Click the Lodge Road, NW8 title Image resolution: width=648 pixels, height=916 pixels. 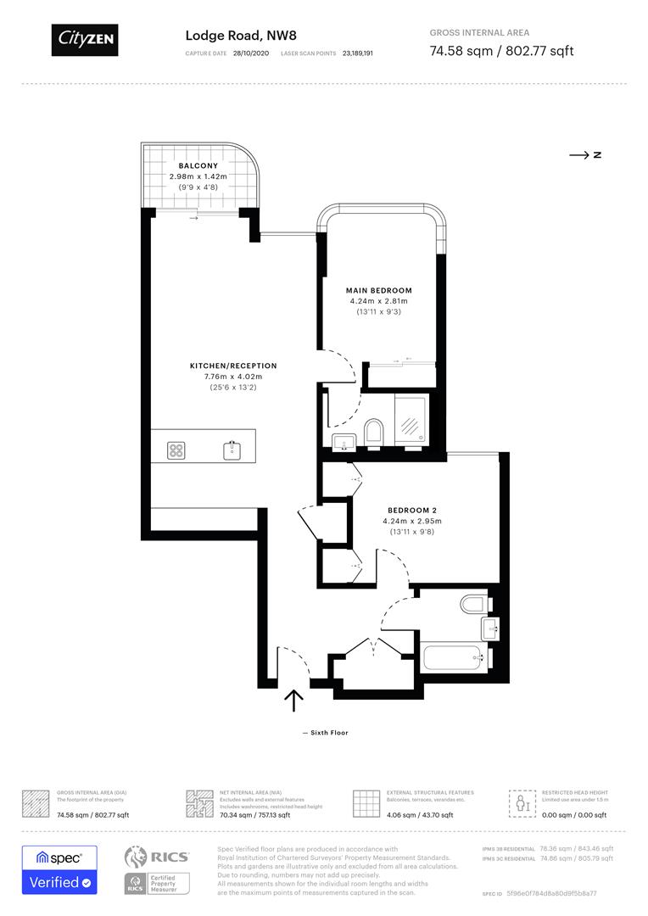240,36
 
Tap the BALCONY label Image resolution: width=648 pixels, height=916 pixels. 198,165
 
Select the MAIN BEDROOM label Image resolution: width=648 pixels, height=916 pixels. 378,290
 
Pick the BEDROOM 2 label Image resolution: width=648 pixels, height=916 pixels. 413,510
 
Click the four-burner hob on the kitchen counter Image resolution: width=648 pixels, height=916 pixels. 177,450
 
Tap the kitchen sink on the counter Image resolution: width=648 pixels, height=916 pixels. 231,450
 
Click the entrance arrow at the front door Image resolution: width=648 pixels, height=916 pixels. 293,700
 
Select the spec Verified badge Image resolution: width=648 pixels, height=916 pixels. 59,869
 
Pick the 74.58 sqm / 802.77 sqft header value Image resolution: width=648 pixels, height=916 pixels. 501,51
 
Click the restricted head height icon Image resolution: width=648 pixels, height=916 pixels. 520,802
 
